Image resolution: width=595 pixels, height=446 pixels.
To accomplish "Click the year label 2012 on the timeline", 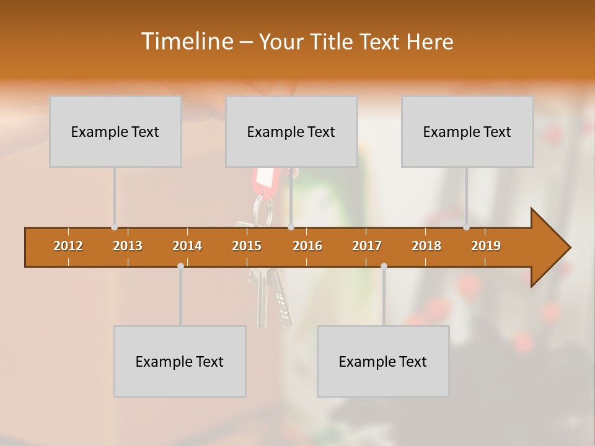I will point(68,246).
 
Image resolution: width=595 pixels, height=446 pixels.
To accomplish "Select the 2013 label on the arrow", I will point(128,246).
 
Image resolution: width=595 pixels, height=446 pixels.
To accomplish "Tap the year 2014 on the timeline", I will point(187,246).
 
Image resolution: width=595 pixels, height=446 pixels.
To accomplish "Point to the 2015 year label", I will point(247,246).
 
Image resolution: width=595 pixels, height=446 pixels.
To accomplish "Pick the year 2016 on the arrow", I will point(307,246).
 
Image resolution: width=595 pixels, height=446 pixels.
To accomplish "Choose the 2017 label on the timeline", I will point(367,246).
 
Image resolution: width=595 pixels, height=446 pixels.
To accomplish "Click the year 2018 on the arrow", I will point(426,246).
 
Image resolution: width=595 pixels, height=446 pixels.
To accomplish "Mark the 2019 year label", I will point(486,246).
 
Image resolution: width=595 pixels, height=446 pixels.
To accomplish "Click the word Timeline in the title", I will point(186,42).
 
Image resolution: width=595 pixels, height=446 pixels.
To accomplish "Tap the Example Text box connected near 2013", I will point(115,131).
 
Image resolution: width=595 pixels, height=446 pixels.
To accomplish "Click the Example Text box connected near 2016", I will point(291,131).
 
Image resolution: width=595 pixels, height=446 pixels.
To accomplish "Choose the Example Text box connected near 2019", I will point(467,131).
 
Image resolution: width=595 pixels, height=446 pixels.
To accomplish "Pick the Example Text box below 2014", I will point(180,361).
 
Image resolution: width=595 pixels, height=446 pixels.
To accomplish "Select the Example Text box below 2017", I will point(383,361).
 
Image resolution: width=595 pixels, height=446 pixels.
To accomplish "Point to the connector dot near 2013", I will point(114,227).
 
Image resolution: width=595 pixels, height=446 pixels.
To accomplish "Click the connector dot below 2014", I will point(180,266).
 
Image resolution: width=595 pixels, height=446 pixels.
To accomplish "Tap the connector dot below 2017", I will point(384,266).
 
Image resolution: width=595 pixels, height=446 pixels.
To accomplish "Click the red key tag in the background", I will point(265,180).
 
